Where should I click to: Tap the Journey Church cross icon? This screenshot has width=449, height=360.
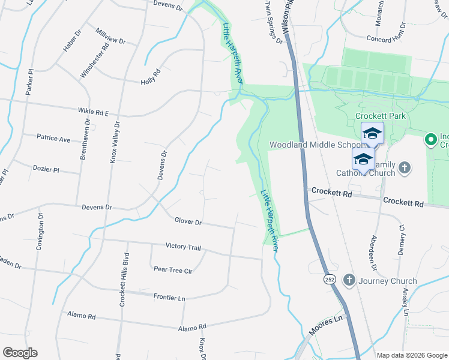[x=349, y=280]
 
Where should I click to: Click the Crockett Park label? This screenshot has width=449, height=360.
[x=381, y=116]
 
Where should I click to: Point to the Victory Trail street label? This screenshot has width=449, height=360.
[x=183, y=247]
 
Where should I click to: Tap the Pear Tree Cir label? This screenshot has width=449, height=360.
[x=173, y=270]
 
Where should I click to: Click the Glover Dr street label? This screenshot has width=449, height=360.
[x=188, y=221]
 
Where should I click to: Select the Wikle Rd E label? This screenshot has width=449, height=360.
[x=93, y=112]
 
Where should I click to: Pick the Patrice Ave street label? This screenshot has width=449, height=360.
[x=53, y=139]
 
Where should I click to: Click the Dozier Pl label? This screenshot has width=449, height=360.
[x=46, y=170]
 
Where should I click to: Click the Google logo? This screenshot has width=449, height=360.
[x=20, y=353]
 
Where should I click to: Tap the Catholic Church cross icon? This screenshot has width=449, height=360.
[x=405, y=167]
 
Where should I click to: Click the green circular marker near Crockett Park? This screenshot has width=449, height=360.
[x=430, y=140]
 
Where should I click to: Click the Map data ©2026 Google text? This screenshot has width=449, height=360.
[x=412, y=355]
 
